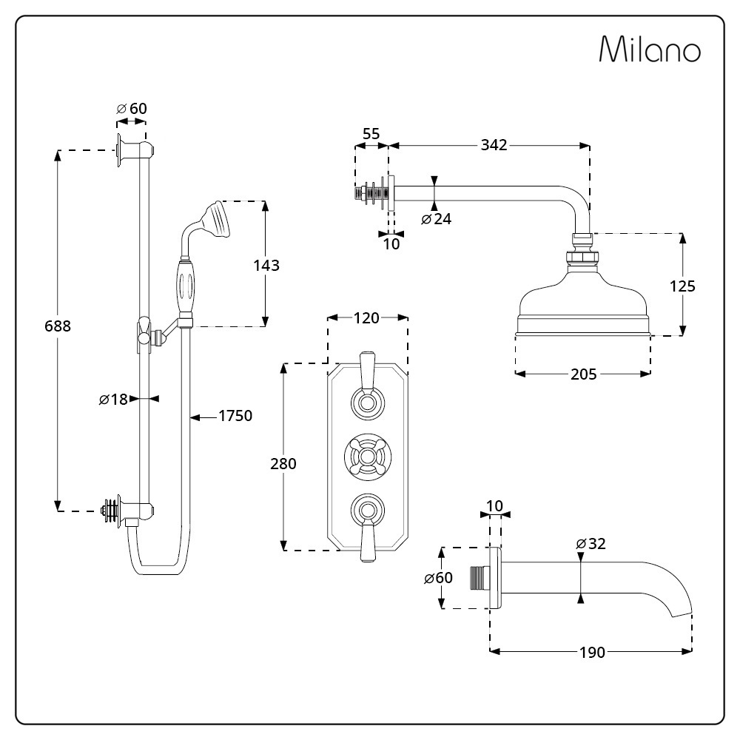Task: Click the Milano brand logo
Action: (649, 50)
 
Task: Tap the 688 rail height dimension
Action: (57, 325)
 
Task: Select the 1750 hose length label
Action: (235, 416)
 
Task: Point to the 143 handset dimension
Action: (266, 264)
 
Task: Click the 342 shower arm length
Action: (494, 145)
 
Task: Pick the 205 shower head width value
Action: (583, 374)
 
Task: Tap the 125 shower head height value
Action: (682, 286)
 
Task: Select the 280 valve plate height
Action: (283, 464)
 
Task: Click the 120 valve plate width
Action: (367, 318)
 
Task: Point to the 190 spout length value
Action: (592, 652)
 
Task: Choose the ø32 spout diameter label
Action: (591, 544)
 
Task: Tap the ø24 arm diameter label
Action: (436, 219)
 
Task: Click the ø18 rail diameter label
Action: (113, 400)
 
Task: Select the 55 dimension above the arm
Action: (371, 134)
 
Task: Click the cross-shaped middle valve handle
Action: (367, 455)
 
